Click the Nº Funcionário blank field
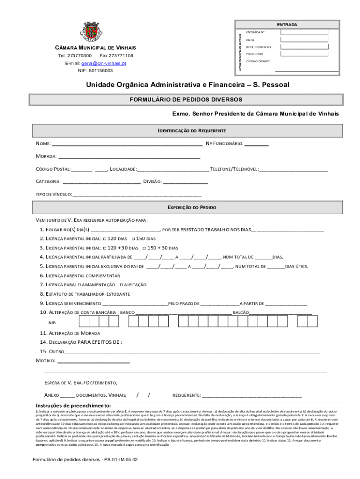257,144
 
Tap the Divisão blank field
185,182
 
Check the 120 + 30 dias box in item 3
104,248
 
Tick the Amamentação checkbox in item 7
79,285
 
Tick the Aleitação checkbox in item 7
121,285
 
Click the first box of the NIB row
85,321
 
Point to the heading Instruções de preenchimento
73,405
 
